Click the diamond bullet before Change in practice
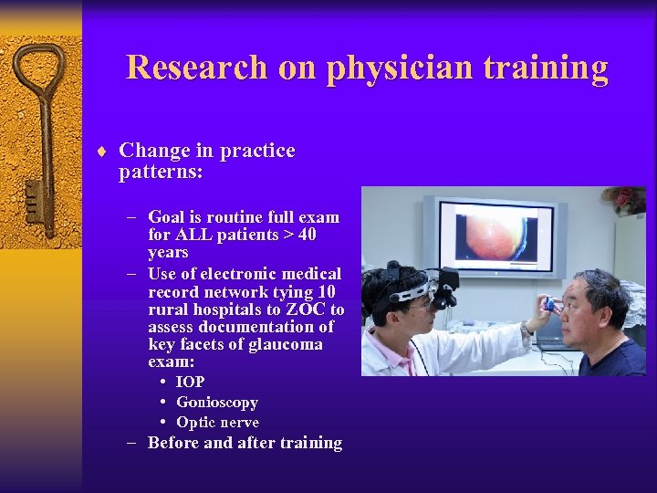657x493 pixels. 106,152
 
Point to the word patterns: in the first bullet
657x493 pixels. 161,172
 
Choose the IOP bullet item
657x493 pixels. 190,383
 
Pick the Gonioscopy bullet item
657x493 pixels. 217,403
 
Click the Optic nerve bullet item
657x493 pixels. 217,423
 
